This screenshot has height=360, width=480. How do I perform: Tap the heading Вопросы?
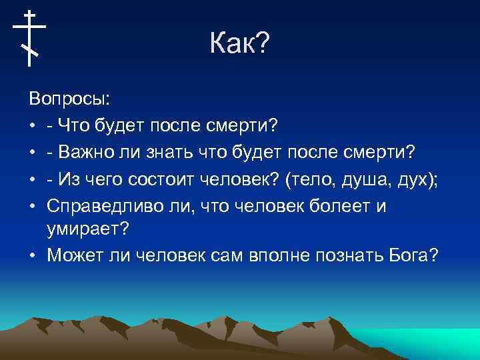70,99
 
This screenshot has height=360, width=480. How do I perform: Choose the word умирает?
87,230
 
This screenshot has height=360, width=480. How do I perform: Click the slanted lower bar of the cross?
29,50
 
